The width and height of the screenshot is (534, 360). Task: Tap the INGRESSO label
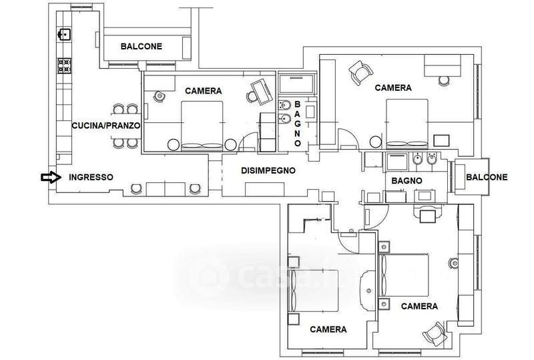click(91, 177)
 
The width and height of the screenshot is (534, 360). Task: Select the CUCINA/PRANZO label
click(106, 126)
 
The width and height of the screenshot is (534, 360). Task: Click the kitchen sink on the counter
click(64, 35)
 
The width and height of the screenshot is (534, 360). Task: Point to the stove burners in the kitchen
click(64, 66)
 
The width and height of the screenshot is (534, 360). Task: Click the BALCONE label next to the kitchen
click(142, 46)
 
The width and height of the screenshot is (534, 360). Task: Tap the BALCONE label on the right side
click(487, 177)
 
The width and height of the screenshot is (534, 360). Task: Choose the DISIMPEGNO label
click(268, 170)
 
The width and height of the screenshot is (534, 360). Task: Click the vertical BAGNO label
click(297, 124)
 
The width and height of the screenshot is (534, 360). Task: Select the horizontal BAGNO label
click(407, 181)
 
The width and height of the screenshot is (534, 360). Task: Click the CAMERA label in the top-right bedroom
click(393, 88)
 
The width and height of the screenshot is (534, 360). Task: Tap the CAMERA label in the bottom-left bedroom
click(328, 329)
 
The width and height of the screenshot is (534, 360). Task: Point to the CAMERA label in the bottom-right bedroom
click(419, 306)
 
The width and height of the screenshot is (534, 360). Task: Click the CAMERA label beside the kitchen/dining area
click(204, 91)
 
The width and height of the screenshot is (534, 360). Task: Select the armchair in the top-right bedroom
click(360, 73)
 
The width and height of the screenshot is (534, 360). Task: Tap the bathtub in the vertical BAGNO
click(296, 84)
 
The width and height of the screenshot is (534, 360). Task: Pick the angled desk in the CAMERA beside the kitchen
click(262, 92)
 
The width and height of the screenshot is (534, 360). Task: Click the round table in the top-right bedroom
click(376, 142)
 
